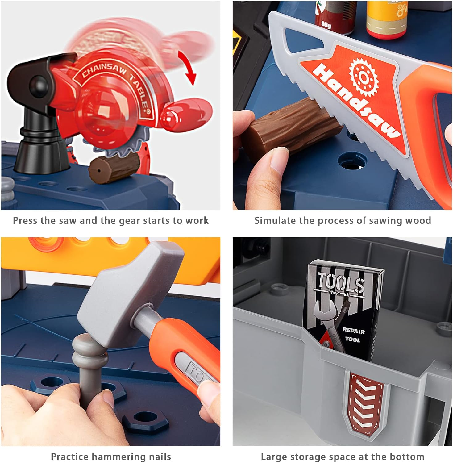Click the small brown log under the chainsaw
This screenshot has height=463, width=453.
[x=114, y=169]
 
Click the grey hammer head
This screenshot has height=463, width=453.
[x=130, y=293]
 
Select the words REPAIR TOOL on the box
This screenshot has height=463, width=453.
[x=353, y=335]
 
